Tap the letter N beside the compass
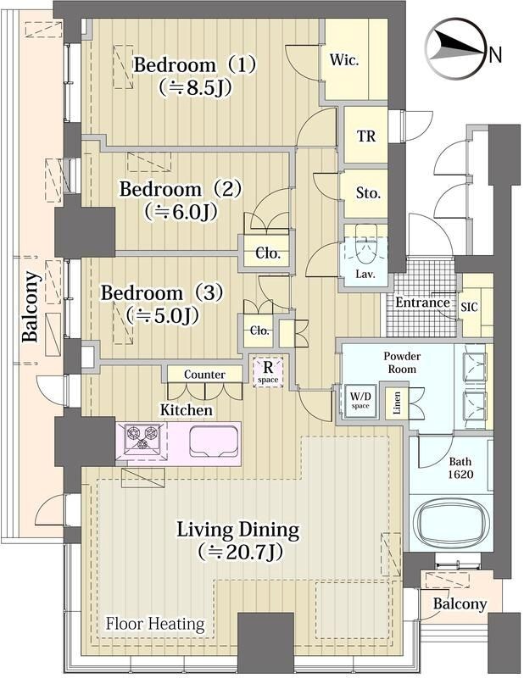(495, 55)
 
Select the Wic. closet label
(344, 59)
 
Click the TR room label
(366, 136)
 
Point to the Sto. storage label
(368, 193)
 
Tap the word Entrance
(423, 303)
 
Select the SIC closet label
(469, 307)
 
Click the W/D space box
(360, 400)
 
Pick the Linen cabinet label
(397, 403)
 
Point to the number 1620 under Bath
(460, 475)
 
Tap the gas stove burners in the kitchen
(142, 439)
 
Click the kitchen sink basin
(214, 441)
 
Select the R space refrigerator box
(268, 371)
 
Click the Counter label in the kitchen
(204, 375)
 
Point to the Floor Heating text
(155, 624)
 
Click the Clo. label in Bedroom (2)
(268, 253)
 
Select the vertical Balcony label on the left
(31, 306)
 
